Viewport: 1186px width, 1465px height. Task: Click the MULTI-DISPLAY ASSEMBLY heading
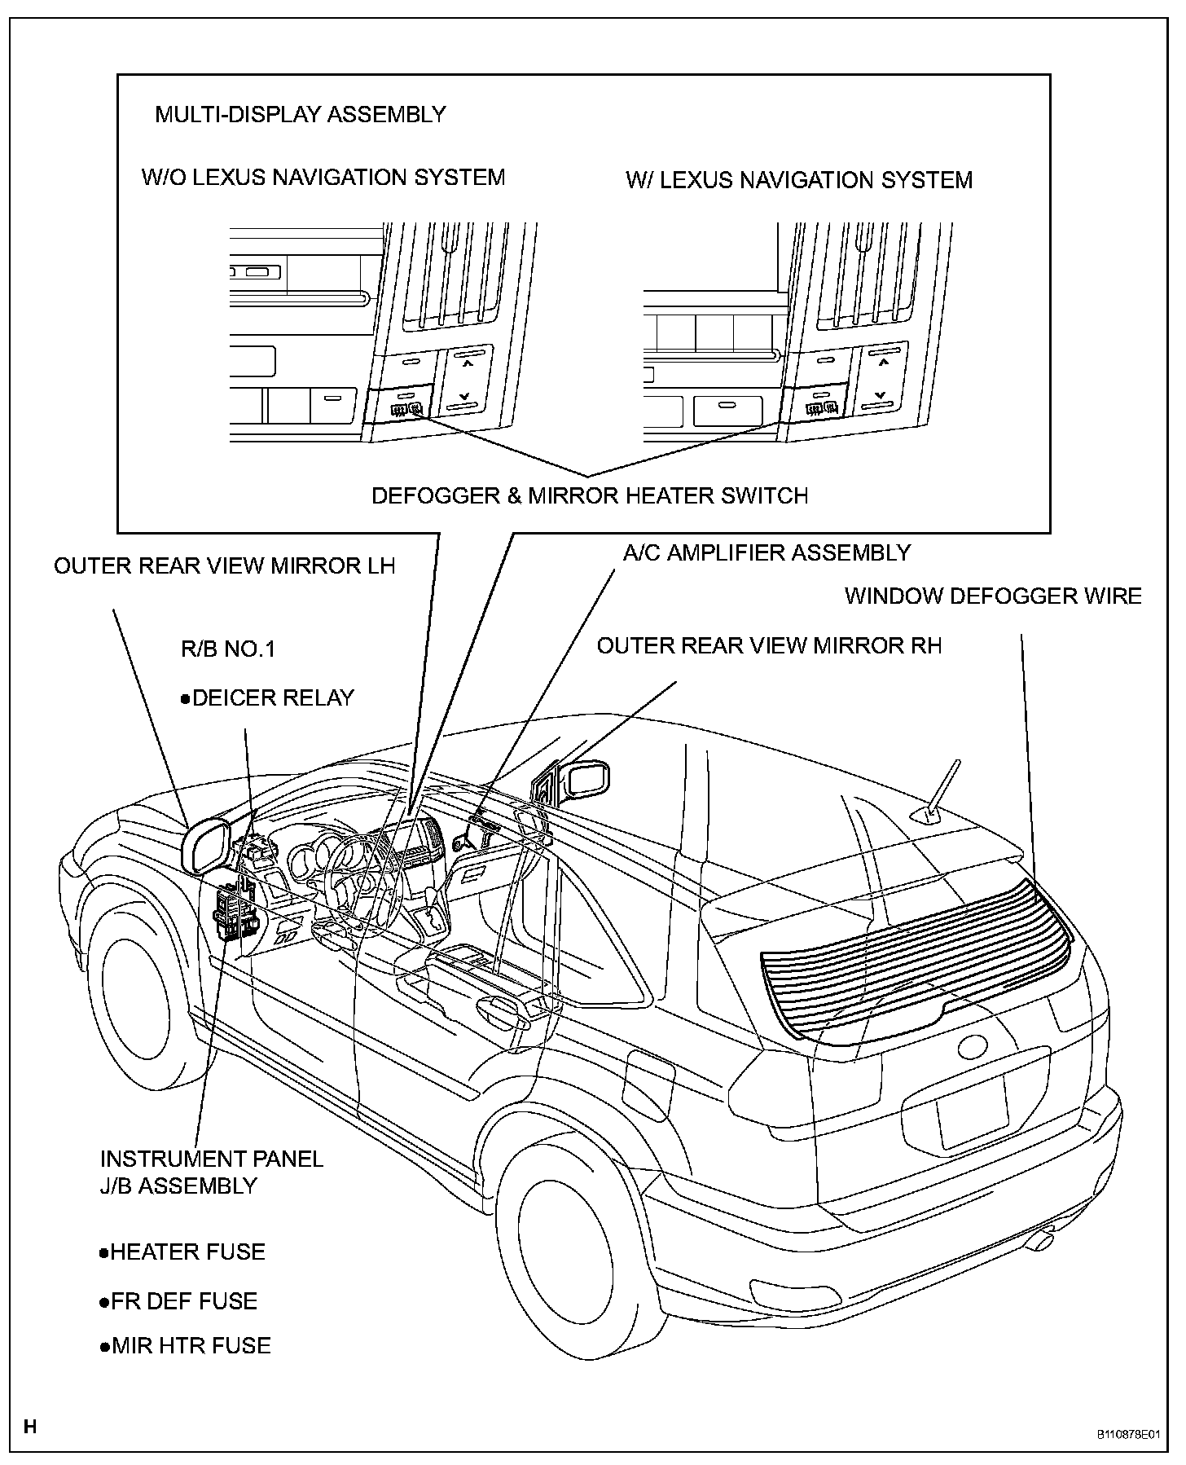[x=300, y=114]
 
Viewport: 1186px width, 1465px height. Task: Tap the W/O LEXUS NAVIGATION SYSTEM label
[x=323, y=177]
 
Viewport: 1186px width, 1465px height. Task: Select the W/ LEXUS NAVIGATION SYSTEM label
[x=798, y=180]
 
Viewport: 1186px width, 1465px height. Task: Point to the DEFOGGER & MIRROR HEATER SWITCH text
[x=590, y=495]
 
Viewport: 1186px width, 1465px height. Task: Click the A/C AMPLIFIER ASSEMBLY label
[x=766, y=552]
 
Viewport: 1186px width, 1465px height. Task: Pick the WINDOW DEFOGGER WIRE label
[x=992, y=596]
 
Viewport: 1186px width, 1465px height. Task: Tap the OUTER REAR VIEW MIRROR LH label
[x=224, y=565]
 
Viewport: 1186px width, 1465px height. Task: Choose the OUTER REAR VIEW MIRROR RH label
[x=769, y=645]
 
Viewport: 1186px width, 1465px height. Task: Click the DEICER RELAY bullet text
[x=268, y=698]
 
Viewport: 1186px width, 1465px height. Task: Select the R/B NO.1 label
[x=227, y=649]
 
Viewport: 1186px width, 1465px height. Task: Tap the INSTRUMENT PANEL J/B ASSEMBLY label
[x=211, y=1172]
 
